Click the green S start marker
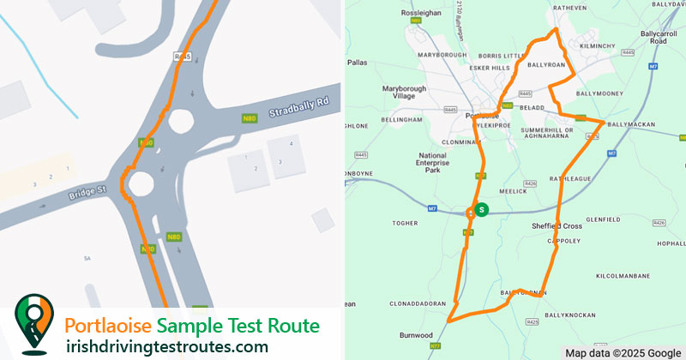click(x=482, y=209)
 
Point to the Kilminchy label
click(x=597, y=45)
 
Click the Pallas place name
click(x=358, y=63)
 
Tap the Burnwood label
click(x=415, y=335)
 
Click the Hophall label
click(x=670, y=244)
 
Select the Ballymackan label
click(x=630, y=124)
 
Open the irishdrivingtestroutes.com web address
click(x=166, y=346)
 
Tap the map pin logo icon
click(x=33, y=324)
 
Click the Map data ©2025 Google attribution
click(x=623, y=352)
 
